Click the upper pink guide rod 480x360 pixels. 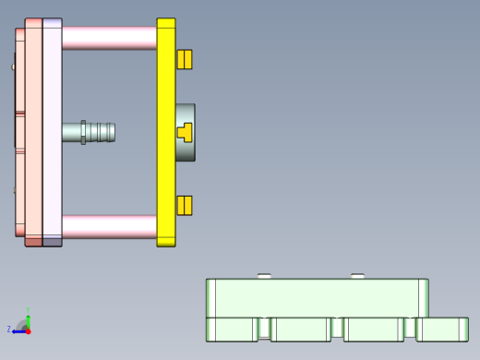[x=109, y=38]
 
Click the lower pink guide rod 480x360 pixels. [x=109, y=227]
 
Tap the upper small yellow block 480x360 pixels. [x=185, y=59]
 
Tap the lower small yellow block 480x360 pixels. [x=185, y=205]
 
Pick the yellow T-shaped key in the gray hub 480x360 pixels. [x=185, y=132]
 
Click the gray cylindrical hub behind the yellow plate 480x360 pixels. [x=187, y=152]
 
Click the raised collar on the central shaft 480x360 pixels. [x=83, y=132]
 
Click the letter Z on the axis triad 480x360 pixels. [x=9, y=330]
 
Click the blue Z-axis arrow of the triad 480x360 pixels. [x=18, y=330]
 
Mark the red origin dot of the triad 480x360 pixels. [x=28, y=330]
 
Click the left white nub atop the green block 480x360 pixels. [x=264, y=275]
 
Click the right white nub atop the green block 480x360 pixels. [x=358, y=275]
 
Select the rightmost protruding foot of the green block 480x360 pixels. [x=443, y=329]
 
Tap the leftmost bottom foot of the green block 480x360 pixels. [x=231, y=330]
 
